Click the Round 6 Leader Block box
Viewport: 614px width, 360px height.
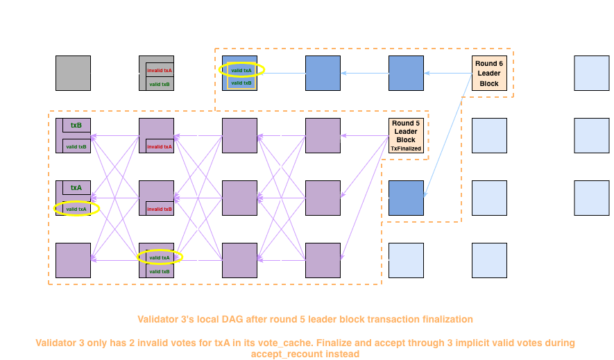coord(489,73)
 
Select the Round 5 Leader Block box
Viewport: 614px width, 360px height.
coord(406,135)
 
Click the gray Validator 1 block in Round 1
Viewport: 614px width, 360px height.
coord(73,73)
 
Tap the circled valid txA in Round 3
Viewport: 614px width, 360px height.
coord(241,69)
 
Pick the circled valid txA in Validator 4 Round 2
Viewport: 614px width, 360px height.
coord(160,257)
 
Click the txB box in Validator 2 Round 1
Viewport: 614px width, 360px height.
coord(76,126)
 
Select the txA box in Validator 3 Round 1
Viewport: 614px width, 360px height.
coord(76,187)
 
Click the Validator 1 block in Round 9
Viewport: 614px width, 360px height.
coord(592,73)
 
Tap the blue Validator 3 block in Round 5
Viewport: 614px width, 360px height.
coord(406,198)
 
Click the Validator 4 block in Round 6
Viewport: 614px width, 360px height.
coord(489,260)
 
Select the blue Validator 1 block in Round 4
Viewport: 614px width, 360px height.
coord(323,73)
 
